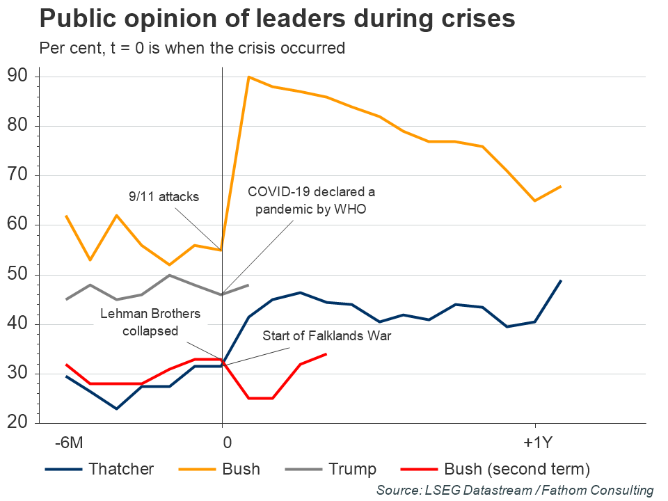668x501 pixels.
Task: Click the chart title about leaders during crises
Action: tap(277, 19)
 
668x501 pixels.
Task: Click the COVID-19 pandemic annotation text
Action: tap(311, 200)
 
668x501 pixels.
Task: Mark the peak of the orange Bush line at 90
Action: tap(248, 77)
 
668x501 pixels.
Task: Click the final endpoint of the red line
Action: tap(326, 354)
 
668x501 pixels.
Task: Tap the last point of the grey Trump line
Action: tap(248, 285)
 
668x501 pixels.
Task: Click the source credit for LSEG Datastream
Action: tap(515, 491)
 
